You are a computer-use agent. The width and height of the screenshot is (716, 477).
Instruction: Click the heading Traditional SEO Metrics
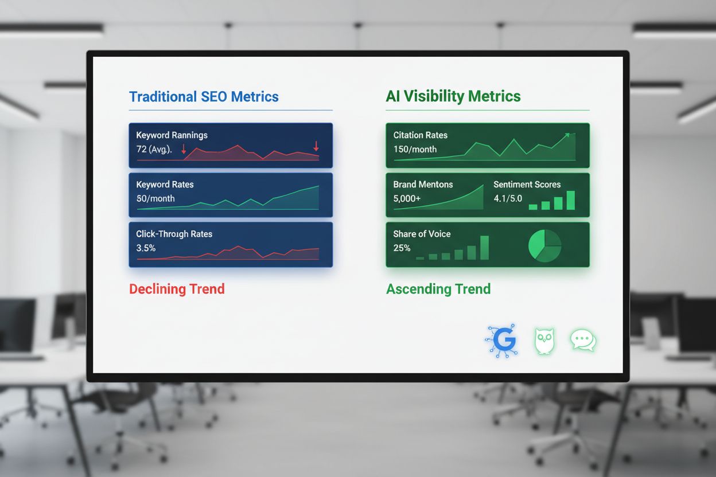tap(204, 96)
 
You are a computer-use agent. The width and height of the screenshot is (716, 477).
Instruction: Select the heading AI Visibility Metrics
tap(453, 96)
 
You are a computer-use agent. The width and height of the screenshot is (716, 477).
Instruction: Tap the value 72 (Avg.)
tap(154, 149)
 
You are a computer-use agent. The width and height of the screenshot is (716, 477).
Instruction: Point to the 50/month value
tap(155, 198)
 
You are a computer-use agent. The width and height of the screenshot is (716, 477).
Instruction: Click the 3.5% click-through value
tap(146, 248)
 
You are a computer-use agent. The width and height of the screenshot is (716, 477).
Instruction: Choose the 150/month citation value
tap(415, 149)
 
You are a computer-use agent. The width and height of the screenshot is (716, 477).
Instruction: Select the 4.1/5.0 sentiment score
tap(508, 198)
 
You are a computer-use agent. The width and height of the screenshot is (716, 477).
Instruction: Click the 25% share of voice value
tap(402, 248)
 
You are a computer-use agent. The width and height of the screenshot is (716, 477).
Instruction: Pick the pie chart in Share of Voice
tap(544, 245)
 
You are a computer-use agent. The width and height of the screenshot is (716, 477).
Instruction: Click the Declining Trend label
tap(177, 288)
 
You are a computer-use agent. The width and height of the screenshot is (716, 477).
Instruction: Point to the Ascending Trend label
tap(438, 288)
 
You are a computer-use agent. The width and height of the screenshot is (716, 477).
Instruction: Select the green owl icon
tap(544, 341)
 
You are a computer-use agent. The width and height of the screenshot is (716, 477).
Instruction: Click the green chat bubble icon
tap(583, 340)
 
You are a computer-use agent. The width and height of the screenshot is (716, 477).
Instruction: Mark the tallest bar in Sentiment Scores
tap(570, 200)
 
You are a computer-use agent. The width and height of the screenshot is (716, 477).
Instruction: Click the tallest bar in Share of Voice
tap(484, 248)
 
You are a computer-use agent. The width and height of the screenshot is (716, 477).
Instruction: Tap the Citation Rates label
tap(420, 135)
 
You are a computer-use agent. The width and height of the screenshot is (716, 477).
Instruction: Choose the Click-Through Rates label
tap(174, 234)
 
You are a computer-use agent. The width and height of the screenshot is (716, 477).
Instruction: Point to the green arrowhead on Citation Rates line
tap(567, 135)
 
